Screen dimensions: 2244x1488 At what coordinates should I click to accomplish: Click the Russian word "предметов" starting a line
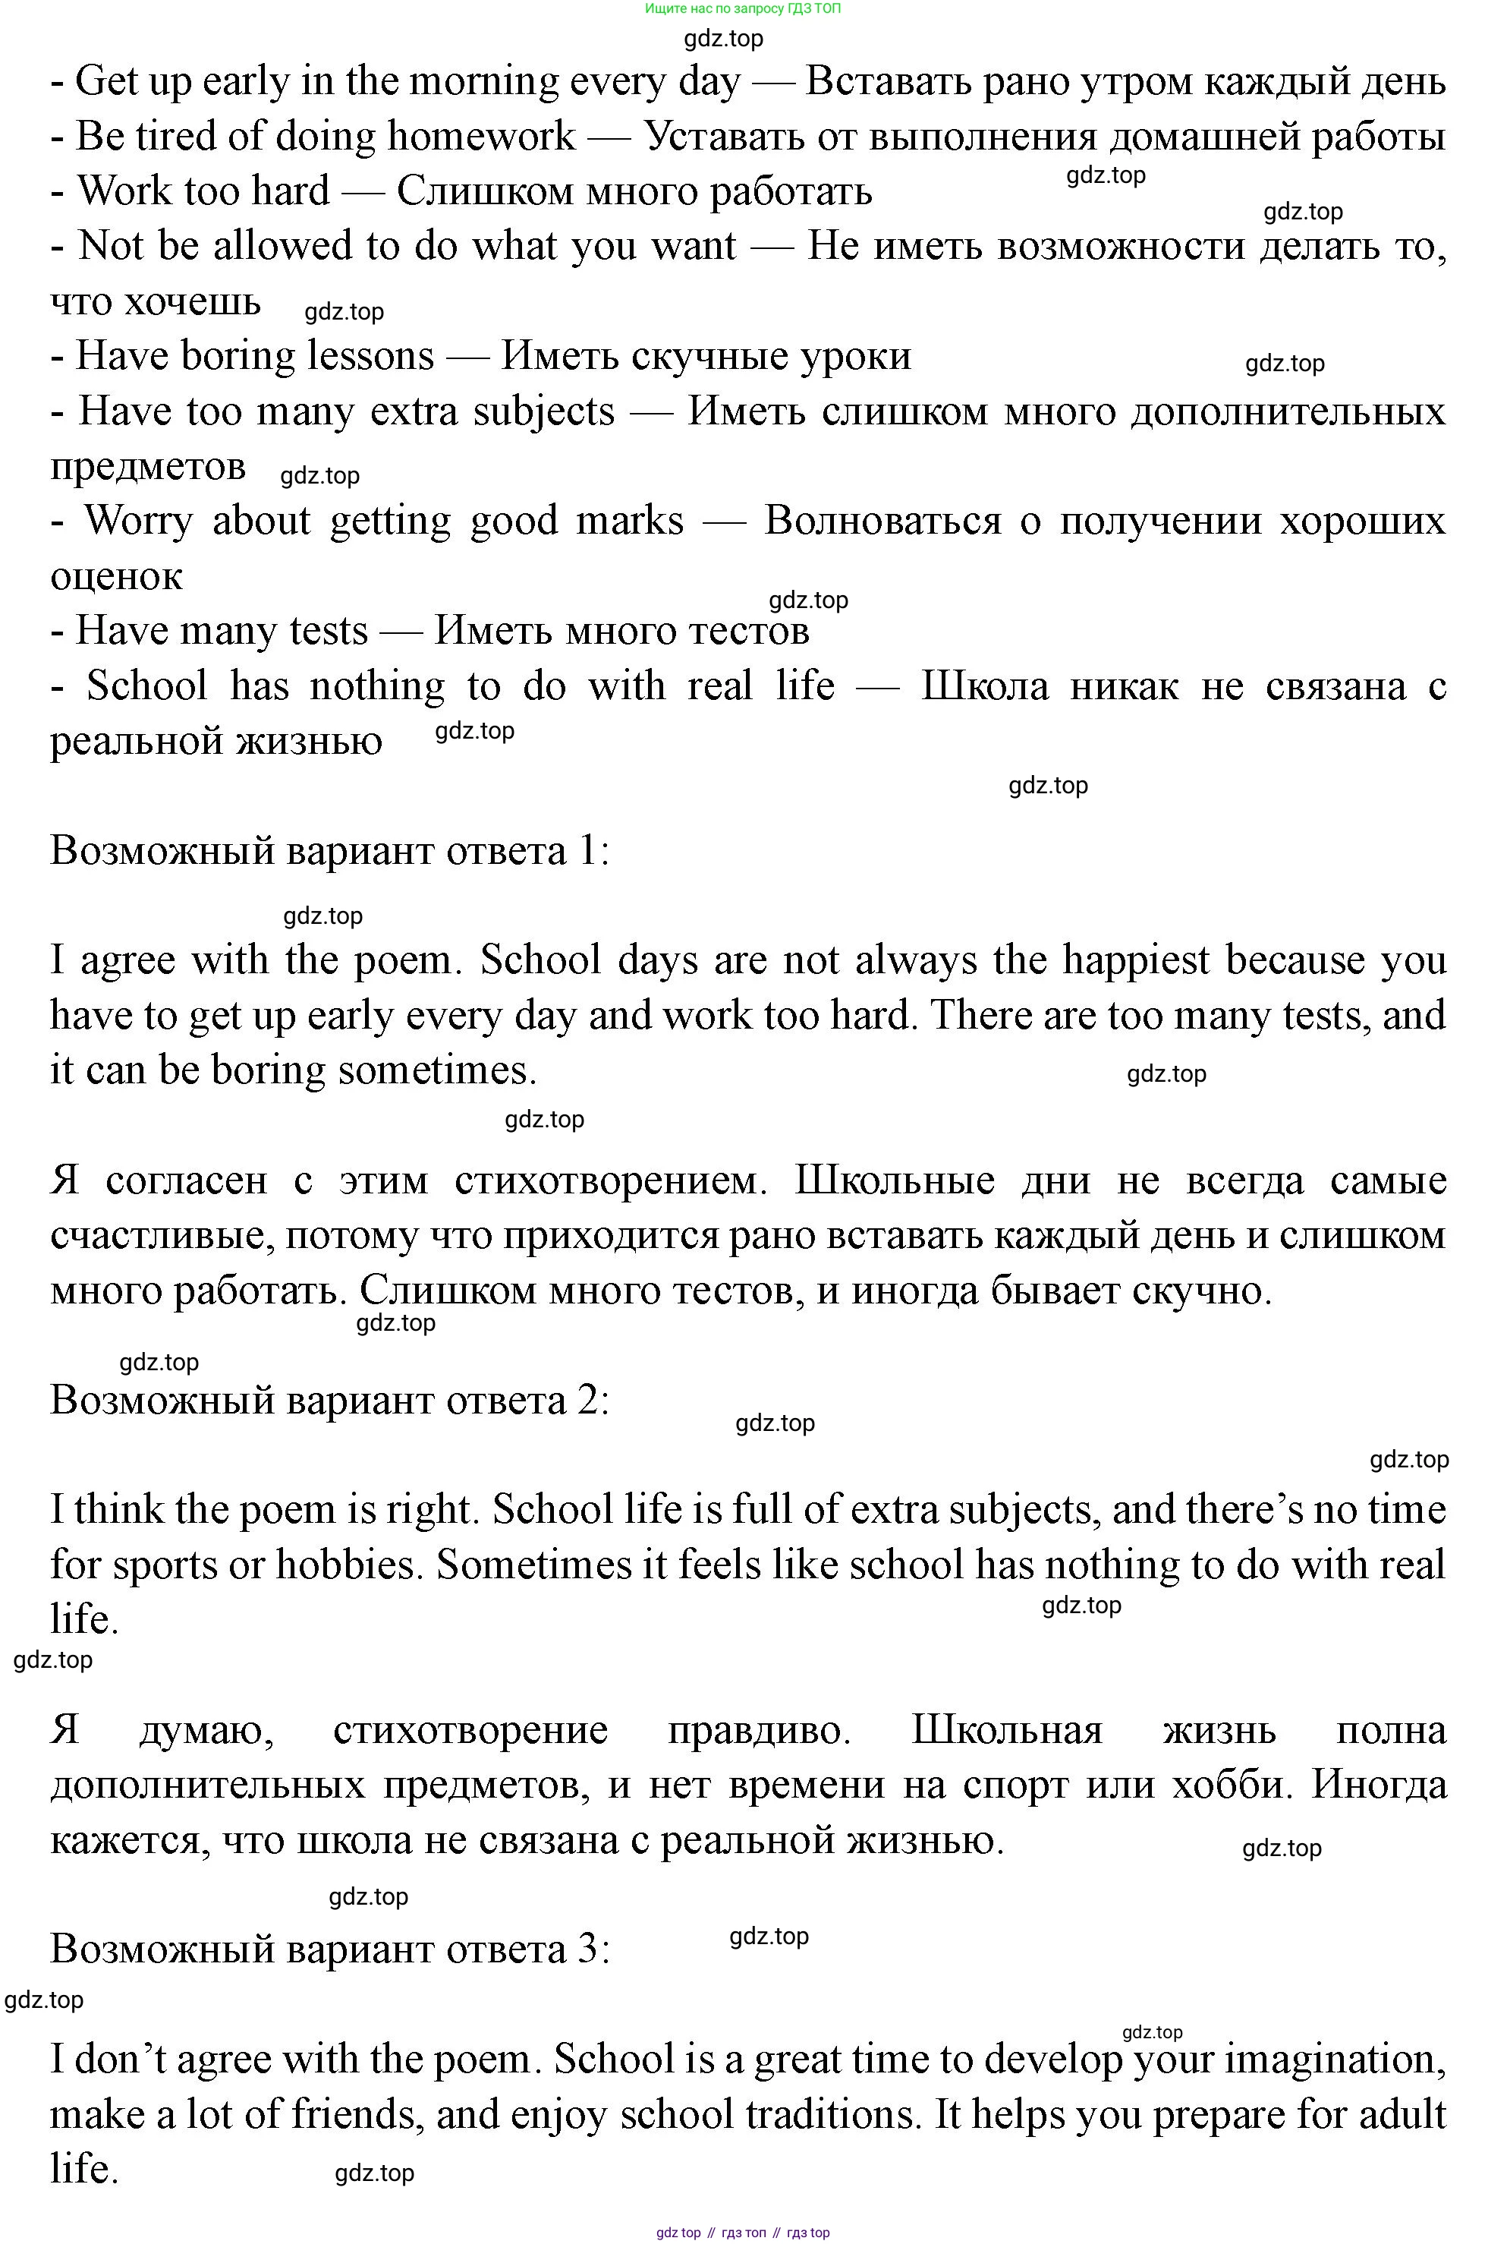pyautogui.click(x=148, y=466)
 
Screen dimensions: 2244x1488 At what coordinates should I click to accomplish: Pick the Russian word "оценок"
pyautogui.click(x=116, y=576)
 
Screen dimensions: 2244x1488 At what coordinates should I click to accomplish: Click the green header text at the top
pyautogui.click(x=742, y=8)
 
